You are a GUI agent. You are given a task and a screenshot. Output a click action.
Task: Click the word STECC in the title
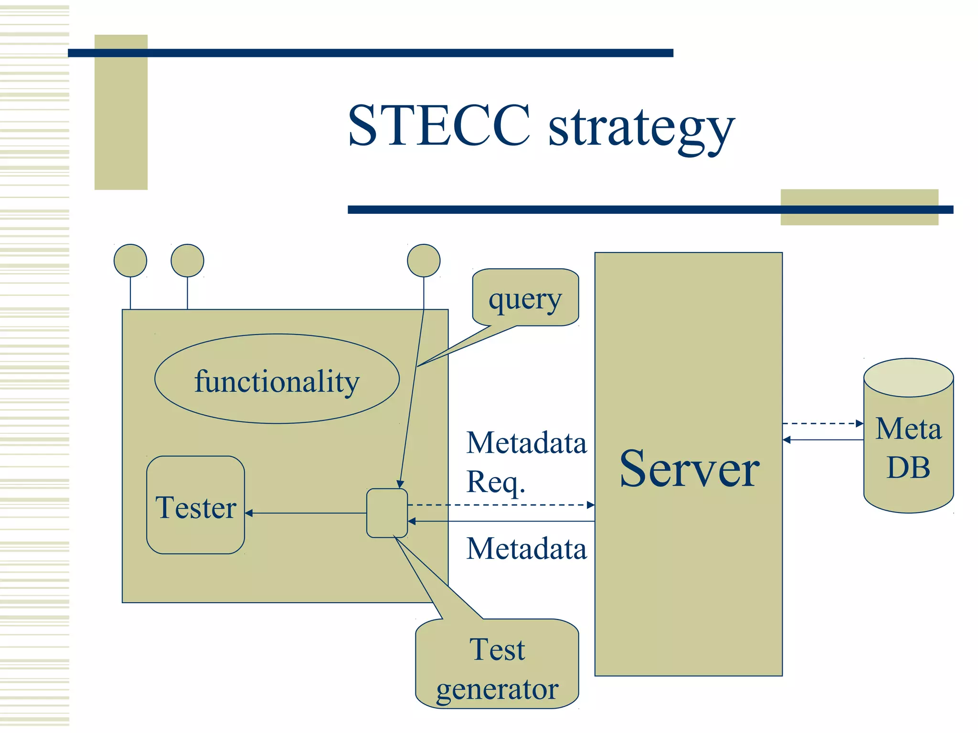pos(439,126)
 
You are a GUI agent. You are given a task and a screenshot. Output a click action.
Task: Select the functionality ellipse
pos(276,379)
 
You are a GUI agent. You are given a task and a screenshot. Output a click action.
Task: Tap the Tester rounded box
pos(195,505)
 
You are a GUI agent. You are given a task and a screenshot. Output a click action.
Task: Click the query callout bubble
pos(525,298)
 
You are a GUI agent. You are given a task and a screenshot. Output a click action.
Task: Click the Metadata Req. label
pos(525,462)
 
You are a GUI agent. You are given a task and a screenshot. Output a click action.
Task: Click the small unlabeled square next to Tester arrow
pos(387,513)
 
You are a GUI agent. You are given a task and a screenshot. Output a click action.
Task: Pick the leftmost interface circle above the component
pos(130,261)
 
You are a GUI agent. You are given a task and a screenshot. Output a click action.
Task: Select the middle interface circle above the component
pos(187,261)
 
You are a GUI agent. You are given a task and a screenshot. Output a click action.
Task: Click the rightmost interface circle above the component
pos(424,261)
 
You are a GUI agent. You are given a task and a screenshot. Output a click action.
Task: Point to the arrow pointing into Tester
pos(306,513)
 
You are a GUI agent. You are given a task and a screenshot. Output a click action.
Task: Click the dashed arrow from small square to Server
pos(501,505)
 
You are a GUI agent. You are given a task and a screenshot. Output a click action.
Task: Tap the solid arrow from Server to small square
pos(501,522)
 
